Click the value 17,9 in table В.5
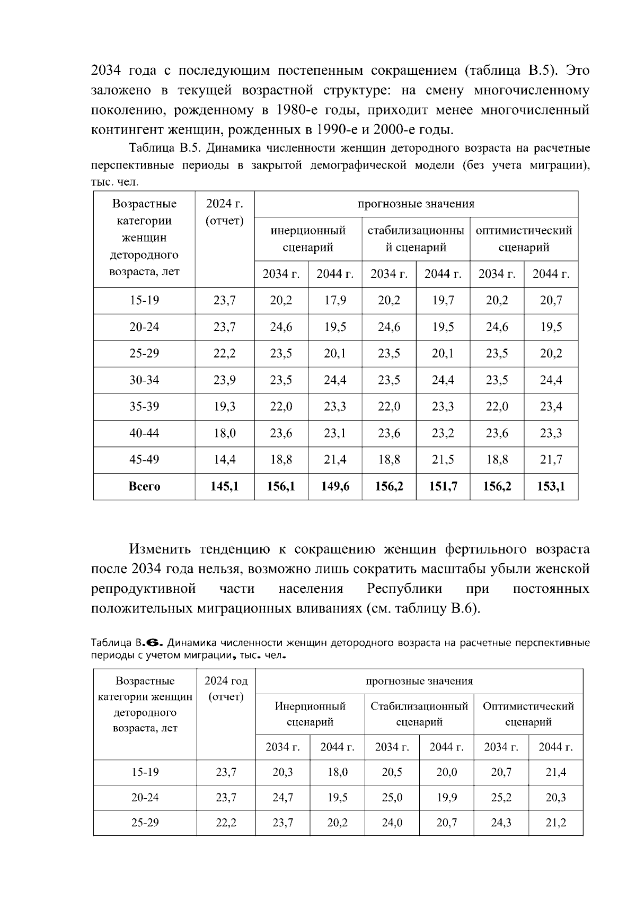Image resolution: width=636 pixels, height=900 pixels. (335, 301)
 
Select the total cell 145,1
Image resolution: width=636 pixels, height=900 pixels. (224, 486)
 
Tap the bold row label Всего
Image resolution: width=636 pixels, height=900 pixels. (144, 486)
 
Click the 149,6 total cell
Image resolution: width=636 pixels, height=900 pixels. (335, 486)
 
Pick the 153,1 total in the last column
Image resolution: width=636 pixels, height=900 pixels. (551, 486)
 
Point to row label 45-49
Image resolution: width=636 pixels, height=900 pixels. (144, 460)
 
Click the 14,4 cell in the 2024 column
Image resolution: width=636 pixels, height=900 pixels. (224, 460)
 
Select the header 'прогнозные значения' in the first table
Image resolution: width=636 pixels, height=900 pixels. (416, 204)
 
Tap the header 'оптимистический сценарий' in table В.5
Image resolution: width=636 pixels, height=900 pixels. (524, 239)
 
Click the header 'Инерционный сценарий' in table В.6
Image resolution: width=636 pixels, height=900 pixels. (310, 714)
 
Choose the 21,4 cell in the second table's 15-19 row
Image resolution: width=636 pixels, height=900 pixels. (555, 772)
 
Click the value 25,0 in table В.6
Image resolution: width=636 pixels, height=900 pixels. (392, 798)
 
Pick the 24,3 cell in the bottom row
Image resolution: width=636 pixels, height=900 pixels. (501, 823)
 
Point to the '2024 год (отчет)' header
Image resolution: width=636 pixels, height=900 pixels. (226, 688)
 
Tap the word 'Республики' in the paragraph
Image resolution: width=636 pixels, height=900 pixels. (404, 589)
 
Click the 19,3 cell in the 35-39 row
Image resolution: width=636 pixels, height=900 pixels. (224, 407)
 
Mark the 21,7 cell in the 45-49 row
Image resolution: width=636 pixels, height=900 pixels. (551, 460)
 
